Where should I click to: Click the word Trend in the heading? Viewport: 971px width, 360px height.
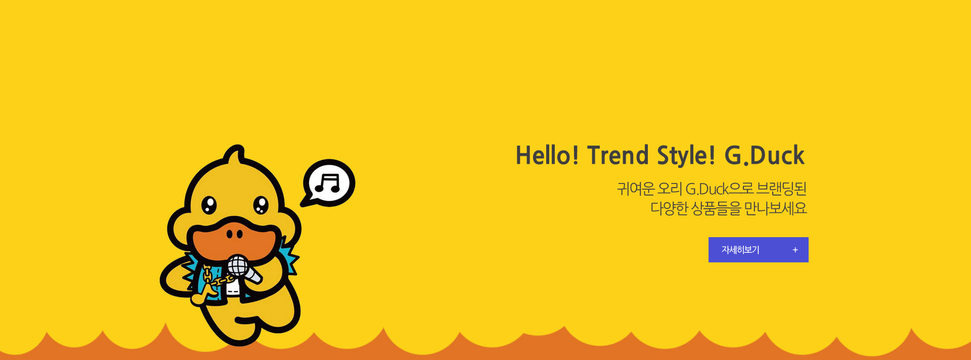tap(617, 155)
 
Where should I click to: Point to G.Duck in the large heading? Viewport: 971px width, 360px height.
tap(764, 155)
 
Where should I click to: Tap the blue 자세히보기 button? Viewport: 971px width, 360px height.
tap(758, 250)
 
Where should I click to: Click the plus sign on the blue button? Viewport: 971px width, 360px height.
tap(795, 250)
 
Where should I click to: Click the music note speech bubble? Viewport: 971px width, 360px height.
tap(328, 183)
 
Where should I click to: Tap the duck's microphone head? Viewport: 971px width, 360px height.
tap(237, 265)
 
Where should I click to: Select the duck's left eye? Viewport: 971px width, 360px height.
tap(209, 205)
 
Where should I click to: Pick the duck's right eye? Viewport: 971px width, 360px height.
tap(261, 205)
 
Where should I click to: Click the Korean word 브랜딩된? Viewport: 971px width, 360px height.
tap(781, 189)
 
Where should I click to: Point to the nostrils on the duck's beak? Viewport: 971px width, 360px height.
tap(235, 234)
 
